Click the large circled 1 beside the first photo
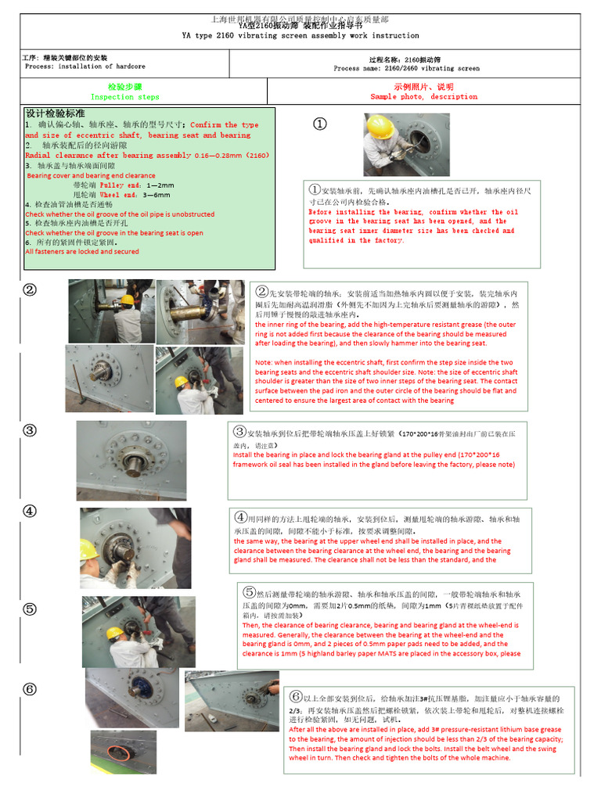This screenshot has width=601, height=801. point(319,124)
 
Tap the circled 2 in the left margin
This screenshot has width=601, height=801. point(29,289)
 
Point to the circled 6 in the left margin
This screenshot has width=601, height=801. point(29,689)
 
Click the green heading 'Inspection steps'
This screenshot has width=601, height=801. point(124,97)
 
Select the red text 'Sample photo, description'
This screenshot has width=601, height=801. point(423,97)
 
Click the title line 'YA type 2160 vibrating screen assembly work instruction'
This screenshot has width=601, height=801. point(300,36)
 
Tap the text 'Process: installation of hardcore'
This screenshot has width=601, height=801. point(85,66)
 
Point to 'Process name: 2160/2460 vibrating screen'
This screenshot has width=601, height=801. point(406,69)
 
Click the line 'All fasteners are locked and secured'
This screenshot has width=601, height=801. point(82,252)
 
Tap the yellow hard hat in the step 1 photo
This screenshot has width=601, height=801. point(380,126)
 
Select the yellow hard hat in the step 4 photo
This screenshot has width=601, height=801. point(88,549)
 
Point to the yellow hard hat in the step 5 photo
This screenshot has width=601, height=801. point(115,632)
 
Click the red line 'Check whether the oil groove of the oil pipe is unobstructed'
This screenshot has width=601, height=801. point(120,214)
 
